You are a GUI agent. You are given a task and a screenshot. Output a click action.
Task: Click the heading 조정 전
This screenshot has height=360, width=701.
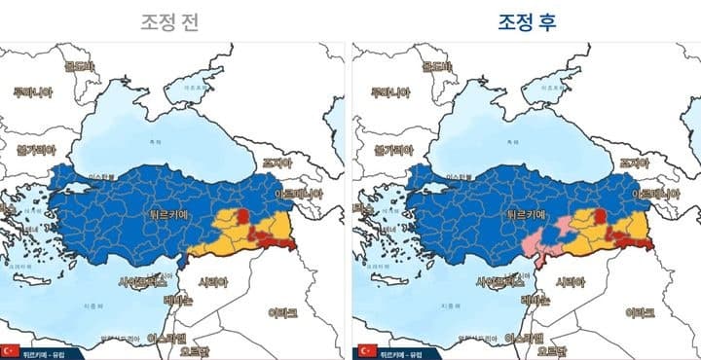coord(173,22)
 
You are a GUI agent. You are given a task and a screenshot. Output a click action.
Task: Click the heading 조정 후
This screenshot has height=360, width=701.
coord(525,22)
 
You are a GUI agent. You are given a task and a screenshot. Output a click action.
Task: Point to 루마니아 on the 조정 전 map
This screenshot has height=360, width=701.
coord(31,91)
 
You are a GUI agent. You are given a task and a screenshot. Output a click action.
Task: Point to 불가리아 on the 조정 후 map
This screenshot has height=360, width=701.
coord(383,152)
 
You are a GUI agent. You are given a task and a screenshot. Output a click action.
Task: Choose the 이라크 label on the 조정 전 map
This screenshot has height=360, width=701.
coord(288,312)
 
